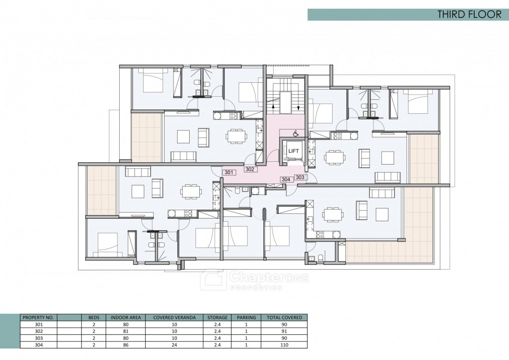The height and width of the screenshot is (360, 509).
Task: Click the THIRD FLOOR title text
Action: (469, 14)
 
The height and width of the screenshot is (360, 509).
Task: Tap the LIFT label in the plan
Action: (294, 151)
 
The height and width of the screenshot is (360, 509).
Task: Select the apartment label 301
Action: (229, 172)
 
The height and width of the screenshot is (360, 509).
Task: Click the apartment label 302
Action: (250, 169)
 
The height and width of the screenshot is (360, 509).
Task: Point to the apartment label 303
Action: (300, 177)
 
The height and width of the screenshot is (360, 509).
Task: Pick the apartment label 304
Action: (286, 180)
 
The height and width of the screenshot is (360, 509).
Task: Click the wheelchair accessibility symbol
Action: (295, 133)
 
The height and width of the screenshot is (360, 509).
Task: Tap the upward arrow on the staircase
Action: (273, 107)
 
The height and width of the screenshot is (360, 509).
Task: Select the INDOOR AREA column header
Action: (126, 318)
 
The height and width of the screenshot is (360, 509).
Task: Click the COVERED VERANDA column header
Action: (174, 318)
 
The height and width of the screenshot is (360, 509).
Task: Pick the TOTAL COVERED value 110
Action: (284, 345)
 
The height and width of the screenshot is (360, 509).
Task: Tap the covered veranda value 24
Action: (174, 345)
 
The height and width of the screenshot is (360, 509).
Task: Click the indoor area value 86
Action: (126, 345)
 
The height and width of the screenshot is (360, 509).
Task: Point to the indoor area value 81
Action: (126, 331)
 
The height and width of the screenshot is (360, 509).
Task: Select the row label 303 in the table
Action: (39, 338)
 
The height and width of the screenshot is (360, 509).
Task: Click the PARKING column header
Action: (246, 318)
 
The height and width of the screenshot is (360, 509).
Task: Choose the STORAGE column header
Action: (217, 318)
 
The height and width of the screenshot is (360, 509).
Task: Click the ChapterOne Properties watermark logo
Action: (255, 280)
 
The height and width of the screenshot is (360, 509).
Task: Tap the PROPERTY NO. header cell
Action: (38, 318)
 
